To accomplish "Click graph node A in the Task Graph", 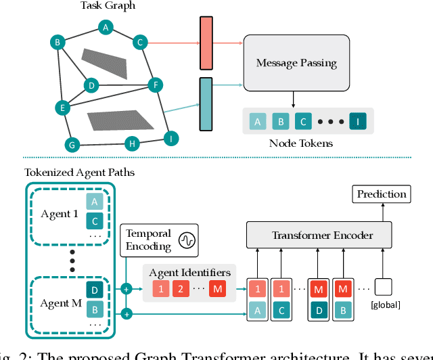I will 105,27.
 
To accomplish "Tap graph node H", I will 133,143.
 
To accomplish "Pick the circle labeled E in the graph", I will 62,107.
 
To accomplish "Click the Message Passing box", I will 296,64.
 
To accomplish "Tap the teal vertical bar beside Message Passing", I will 206,104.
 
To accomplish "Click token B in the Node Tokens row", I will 279,122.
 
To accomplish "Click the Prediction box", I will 381,194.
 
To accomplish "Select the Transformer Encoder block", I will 322,235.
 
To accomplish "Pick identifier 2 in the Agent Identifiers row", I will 179,290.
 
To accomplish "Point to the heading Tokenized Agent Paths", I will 79,173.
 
